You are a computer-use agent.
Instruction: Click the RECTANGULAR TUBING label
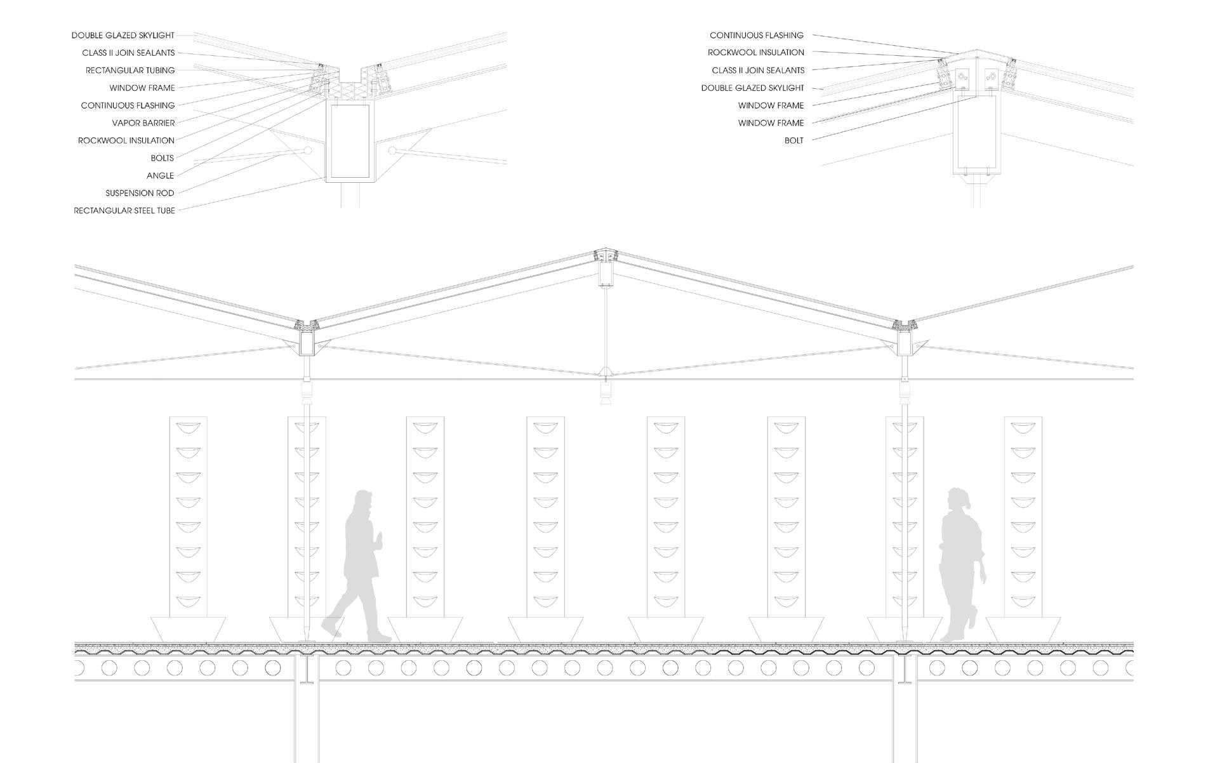click(130, 70)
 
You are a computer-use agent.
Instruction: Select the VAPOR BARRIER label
click(143, 123)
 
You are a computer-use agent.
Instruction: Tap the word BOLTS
click(162, 158)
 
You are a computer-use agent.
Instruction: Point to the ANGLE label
click(160, 176)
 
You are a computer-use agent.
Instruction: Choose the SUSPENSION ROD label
click(140, 193)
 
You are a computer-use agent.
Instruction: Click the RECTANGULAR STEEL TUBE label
click(124, 211)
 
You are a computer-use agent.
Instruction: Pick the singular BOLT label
click(793, 140)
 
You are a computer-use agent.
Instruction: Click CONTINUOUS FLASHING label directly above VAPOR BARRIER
click(128, 105)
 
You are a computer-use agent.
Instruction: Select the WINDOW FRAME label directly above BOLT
click(771, 123)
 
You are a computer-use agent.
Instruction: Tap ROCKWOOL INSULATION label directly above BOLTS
click(126, 140)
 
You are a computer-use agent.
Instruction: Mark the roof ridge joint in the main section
click(606, 255)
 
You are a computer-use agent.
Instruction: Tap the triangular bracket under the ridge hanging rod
click(606, 371)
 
